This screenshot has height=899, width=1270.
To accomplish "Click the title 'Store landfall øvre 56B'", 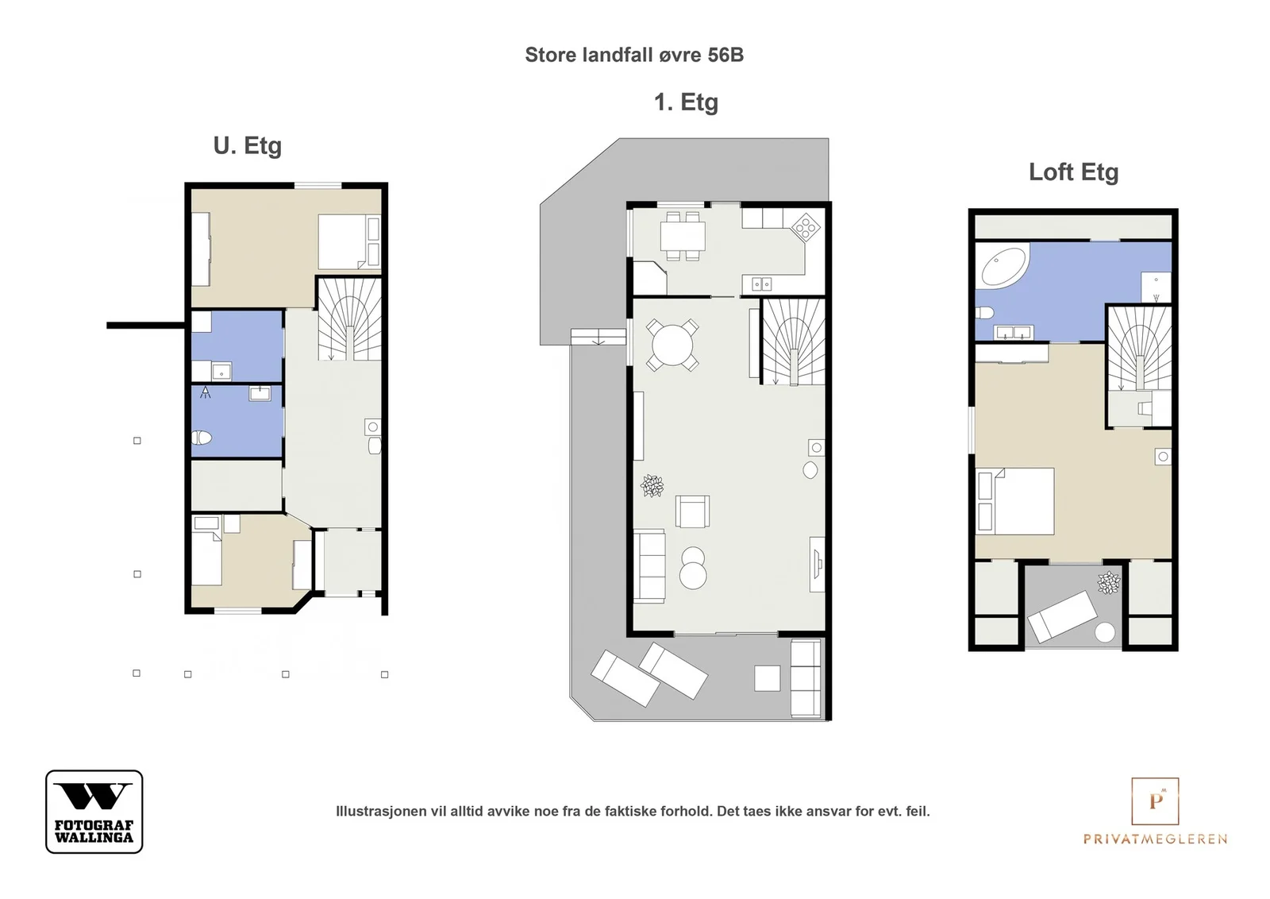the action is pyautogui.click(x=634, y=55).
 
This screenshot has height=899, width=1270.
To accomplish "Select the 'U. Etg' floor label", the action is pyautogui.click(x=247, y=146).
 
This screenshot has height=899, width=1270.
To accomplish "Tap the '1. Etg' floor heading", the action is pyautogui.click(x=686, y=102).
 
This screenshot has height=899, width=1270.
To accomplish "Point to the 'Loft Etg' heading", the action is pyautogui.click(x=1073, y=172).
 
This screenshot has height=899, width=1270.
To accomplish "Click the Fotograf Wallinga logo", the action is pyautogui.click(x=94, y=811).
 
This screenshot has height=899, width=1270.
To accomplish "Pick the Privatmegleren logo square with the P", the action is pyautogui.click(x=1155, y=801).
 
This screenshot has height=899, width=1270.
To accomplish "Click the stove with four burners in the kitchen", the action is pyautogui.click(x=806, y=227).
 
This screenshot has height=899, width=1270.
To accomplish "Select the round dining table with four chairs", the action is pyautogui.click(x=672, y=345).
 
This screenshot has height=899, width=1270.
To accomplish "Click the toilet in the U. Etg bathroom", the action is pyautogui.click(x=202, y=438).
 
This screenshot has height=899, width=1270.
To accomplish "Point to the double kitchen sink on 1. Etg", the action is pyautogui.click(x=761, y=284).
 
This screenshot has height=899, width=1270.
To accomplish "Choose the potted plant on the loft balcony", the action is pyautogui.click(x=1108, y=582).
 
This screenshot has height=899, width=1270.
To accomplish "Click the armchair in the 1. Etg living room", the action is pyautogui.click(x=692, y=511).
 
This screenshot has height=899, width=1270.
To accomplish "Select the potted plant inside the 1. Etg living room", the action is pyautogui.click(x=652, y=485).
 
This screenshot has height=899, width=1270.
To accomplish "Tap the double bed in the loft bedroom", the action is pyautogui.click(x=1015, y=501).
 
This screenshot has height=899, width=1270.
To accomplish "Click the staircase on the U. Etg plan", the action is pyautogui.click(x=349, y=319).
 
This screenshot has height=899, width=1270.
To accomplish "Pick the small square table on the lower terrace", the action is pyautogui.click(x=767, y=678).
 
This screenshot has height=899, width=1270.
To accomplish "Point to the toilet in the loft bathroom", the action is pyautogui.click(x=985, y=313).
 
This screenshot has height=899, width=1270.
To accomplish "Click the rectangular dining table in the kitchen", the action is pyautogui.click(x=683, y=236).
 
